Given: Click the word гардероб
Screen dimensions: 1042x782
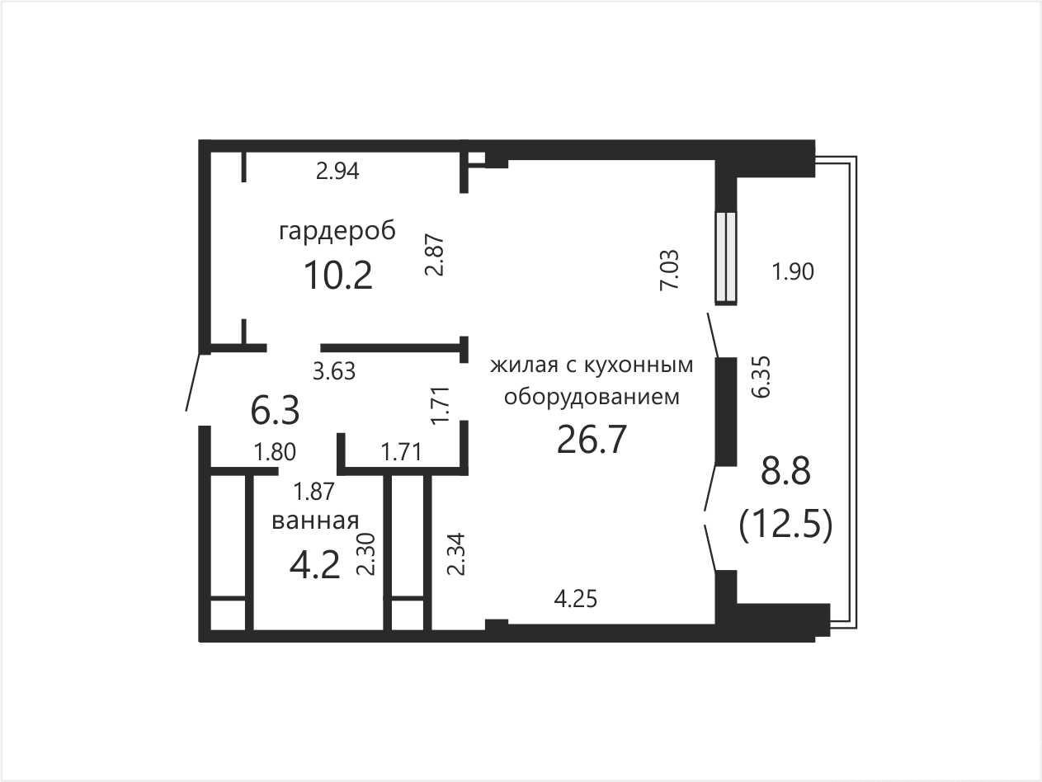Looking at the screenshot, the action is point(337,232).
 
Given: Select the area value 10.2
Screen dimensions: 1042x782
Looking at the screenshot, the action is point(338,276).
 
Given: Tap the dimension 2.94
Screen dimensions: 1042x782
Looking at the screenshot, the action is point(337,171).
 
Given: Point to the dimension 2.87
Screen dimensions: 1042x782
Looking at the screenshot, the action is point(434,254).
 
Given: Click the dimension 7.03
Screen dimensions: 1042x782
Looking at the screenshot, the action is point(670,270).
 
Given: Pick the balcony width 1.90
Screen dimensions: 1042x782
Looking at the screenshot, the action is point(793,272).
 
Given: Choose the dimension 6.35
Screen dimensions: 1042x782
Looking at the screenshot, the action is point(762,376).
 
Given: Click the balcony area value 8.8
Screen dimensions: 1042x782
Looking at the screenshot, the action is point(785,471).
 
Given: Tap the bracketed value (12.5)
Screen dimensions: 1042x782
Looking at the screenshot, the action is point(785,525).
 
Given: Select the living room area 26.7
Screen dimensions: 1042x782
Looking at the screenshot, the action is point(592,440).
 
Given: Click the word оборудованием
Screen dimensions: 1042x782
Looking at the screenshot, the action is point(592,397).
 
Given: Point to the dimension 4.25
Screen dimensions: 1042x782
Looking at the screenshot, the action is point(575,599).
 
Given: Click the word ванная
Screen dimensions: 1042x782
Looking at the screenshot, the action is point(315,521).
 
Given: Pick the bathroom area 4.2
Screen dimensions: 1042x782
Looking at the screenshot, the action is point(314,565).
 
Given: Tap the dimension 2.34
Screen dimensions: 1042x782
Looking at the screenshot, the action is point(457,554).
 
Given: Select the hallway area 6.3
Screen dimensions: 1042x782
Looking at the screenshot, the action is point(275,411).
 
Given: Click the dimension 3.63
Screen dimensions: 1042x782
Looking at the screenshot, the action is point(334,371).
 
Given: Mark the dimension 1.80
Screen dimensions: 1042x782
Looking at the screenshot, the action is point(275,452).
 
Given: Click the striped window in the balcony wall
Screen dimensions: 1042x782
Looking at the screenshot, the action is point(726,257).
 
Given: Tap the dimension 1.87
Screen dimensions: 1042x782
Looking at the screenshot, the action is point(314,491).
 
